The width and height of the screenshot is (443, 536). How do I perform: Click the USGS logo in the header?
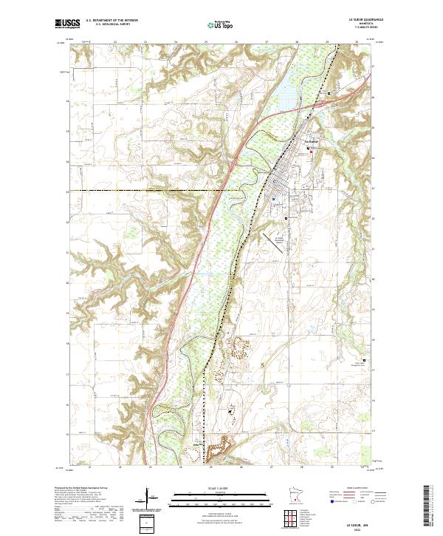click(67, 24)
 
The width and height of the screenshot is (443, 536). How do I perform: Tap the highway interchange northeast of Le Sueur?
click(330, 93)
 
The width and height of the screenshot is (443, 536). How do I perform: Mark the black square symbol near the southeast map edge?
click(363, 361)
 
